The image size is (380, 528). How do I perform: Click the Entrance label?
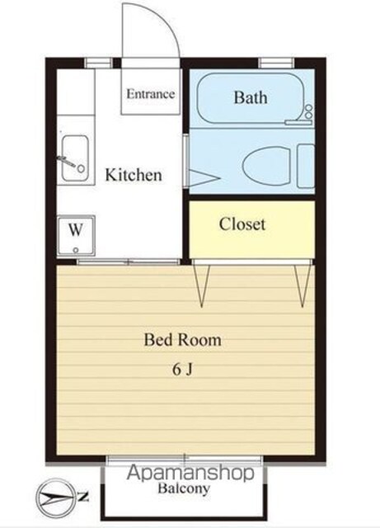click(151, 93)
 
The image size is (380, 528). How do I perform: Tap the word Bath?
click(251, 97)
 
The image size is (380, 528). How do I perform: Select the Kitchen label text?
click(134, 175)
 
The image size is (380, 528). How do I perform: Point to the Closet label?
click(242, 224)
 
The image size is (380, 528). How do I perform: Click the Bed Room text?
click(183, 340)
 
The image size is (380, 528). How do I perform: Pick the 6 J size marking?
click(183, 370)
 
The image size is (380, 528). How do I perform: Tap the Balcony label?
click(184, 488)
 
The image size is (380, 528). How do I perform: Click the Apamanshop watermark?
click(190, 473)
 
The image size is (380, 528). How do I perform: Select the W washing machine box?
click(76, 235)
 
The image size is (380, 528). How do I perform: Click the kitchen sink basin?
click(75, 158)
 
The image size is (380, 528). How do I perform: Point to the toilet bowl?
click(266, 165)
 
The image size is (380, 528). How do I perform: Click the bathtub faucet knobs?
click(308, 112)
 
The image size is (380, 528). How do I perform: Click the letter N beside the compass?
click(83, 497)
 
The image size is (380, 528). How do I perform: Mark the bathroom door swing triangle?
click(204, 177)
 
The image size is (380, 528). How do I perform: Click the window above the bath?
click(276, 63)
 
